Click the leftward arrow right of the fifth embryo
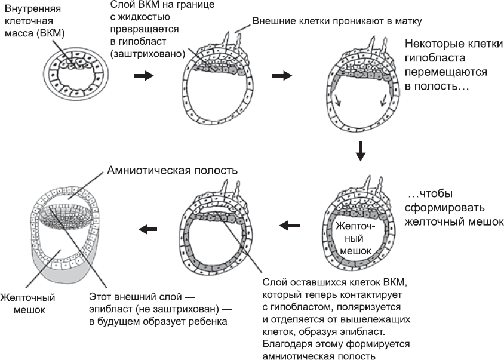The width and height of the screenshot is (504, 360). pyautogui.click(x=291, y=225)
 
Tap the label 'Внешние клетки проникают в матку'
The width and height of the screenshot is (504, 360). pyautogui.click(x=337, y=21)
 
